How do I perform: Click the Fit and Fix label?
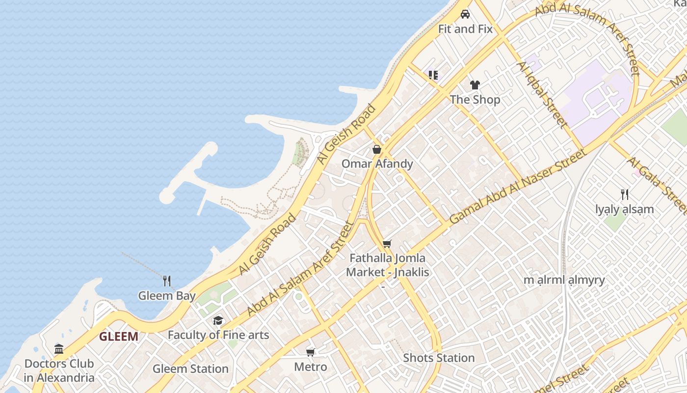pos(465,29)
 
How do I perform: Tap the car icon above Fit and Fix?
pos(465,14)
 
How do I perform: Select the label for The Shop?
pos(475,99)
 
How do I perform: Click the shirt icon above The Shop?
pos(475,85)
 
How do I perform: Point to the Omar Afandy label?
pos(377,164)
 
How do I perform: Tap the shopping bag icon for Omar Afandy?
pos(377,149)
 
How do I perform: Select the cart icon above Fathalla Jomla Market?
pos(387,244)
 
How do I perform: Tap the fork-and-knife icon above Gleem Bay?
pos(167,281)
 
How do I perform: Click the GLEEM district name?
pos(118,337)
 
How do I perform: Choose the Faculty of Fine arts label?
pos(218,335)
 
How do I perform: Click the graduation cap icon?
pos(218,321)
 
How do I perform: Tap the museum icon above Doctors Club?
pos(59,349)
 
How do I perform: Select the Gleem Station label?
pos(190,368)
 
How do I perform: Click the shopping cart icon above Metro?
pos(310,352)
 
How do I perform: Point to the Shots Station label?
pos(439,358)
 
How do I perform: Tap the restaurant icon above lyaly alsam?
pos(624,195)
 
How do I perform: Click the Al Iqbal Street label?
pos(542,94)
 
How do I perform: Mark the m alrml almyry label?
pos(564,280)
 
